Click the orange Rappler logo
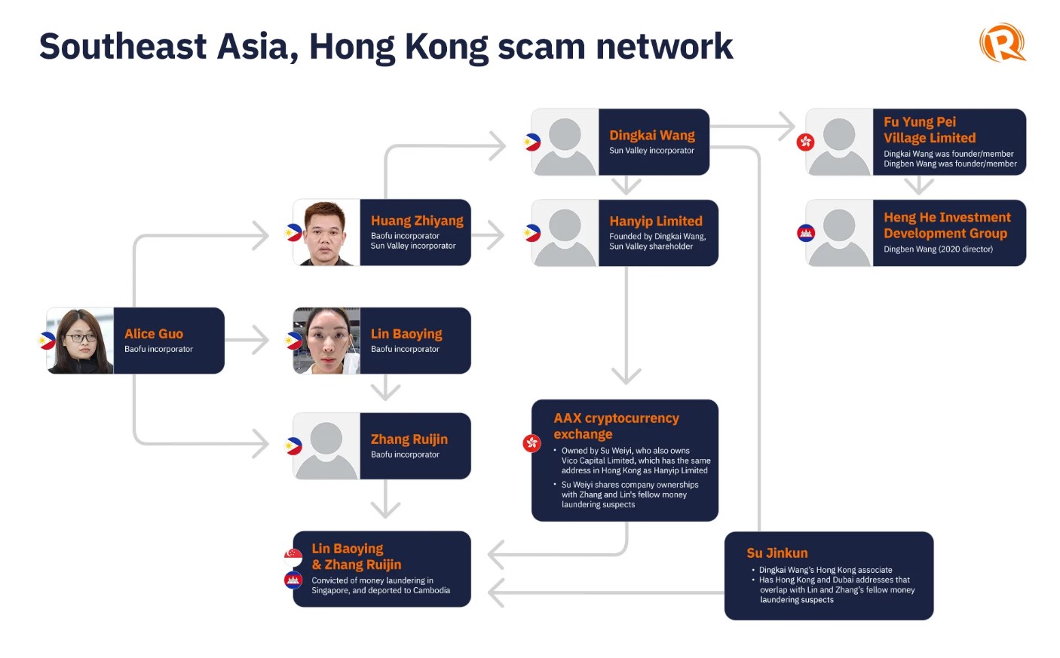[1002, 42]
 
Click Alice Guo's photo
[80, 341]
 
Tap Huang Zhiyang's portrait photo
[326, 232]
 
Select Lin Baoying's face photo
[326, 341]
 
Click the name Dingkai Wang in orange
[652, 135]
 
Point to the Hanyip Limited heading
[656, 221]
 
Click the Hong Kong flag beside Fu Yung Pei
[805, 142]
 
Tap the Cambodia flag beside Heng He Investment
[806, 233]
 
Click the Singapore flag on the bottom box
[293, 558]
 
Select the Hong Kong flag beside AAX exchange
[532, 443]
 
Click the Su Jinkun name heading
[777, 553]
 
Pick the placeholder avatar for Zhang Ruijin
[326, 446]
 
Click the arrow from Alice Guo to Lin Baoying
[247, 340]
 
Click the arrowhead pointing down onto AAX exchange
[626, 376]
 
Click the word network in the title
[664, 47]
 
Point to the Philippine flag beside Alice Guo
[47, 341]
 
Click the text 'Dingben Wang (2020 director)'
[938, 249]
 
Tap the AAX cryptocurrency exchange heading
[616, 426]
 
